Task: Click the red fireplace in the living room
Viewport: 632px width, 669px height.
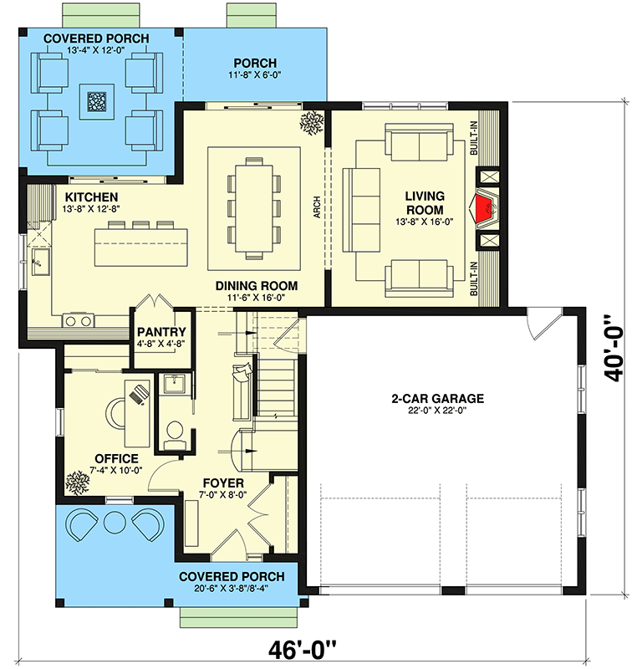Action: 484,208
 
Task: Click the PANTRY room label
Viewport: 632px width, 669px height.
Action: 161,332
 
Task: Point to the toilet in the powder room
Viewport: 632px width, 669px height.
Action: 175,431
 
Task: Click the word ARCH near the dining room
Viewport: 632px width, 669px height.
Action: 318,207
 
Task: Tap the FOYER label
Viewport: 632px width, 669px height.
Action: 223,483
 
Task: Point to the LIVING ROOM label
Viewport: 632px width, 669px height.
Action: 425,203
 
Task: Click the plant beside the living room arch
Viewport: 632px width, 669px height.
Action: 312,122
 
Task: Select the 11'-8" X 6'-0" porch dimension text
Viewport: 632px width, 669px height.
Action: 254,75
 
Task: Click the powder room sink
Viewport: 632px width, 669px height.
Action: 174,384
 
